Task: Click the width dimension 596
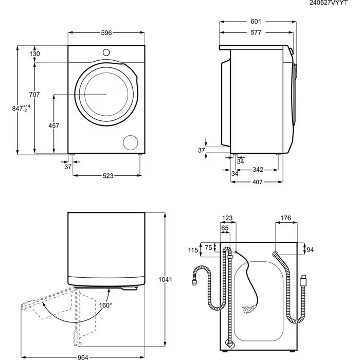tap(106, 33)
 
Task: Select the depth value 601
tap(256, 22)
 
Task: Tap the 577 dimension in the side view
tap(256, 33)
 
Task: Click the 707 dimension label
tap(34, 95)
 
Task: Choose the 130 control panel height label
tap(34, 54)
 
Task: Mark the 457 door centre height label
tap(53, 125)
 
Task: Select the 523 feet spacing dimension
tap(107, 175)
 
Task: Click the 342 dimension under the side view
tap(258, 170)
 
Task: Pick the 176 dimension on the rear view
tap(286, 218)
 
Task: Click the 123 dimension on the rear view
tap(227, 218)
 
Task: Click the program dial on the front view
tap(106, 52)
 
